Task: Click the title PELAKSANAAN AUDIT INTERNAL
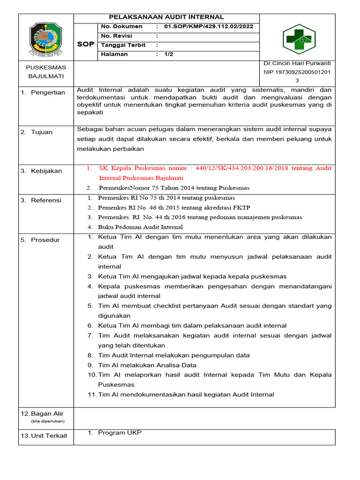point(166,17)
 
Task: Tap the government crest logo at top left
point(45,37)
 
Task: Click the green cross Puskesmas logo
point(297,39)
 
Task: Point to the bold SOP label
point(85,44)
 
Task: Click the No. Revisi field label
point(116,36)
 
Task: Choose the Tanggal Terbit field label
point(123,45)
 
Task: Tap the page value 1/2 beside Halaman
point(169,54)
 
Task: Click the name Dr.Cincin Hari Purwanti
point(297,63)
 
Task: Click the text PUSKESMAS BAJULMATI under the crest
point(45,72)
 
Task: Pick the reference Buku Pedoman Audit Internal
point(140,227)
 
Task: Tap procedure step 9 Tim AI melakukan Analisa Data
point(147,365)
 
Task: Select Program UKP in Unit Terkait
point(120,433)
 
